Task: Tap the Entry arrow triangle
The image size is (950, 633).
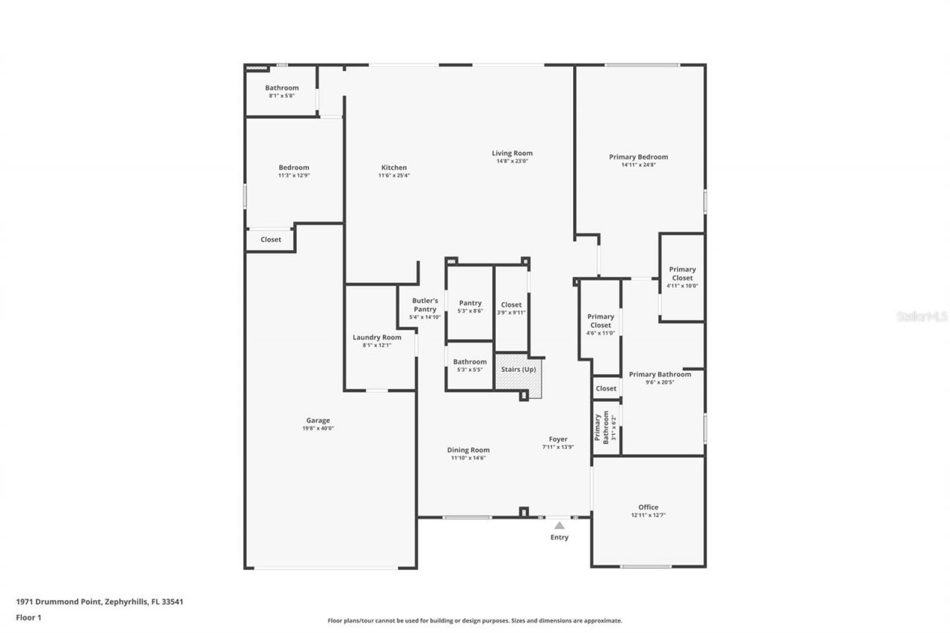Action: point(560,525)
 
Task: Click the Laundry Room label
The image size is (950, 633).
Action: point(377,338)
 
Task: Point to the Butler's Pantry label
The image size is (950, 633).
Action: point(425,305)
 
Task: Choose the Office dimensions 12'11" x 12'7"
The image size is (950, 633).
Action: point(648,515)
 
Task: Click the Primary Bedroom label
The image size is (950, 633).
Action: point(638,157)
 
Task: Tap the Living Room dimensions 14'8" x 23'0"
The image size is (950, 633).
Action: point(512,162)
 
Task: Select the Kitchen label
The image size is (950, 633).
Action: point(394,168)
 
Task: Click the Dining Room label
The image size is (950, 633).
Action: point(468,450)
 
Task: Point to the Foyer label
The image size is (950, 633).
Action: point(558,439)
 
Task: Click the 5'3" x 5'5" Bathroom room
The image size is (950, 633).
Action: point(470,365)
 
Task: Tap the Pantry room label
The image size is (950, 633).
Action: point(470,303)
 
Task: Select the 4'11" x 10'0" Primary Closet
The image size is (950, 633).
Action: point(682,278)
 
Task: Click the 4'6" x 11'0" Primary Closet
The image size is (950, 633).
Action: point(600,325)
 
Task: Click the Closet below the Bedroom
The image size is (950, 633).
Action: point(271,240)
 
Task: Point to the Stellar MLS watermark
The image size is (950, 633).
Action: point(922,316)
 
